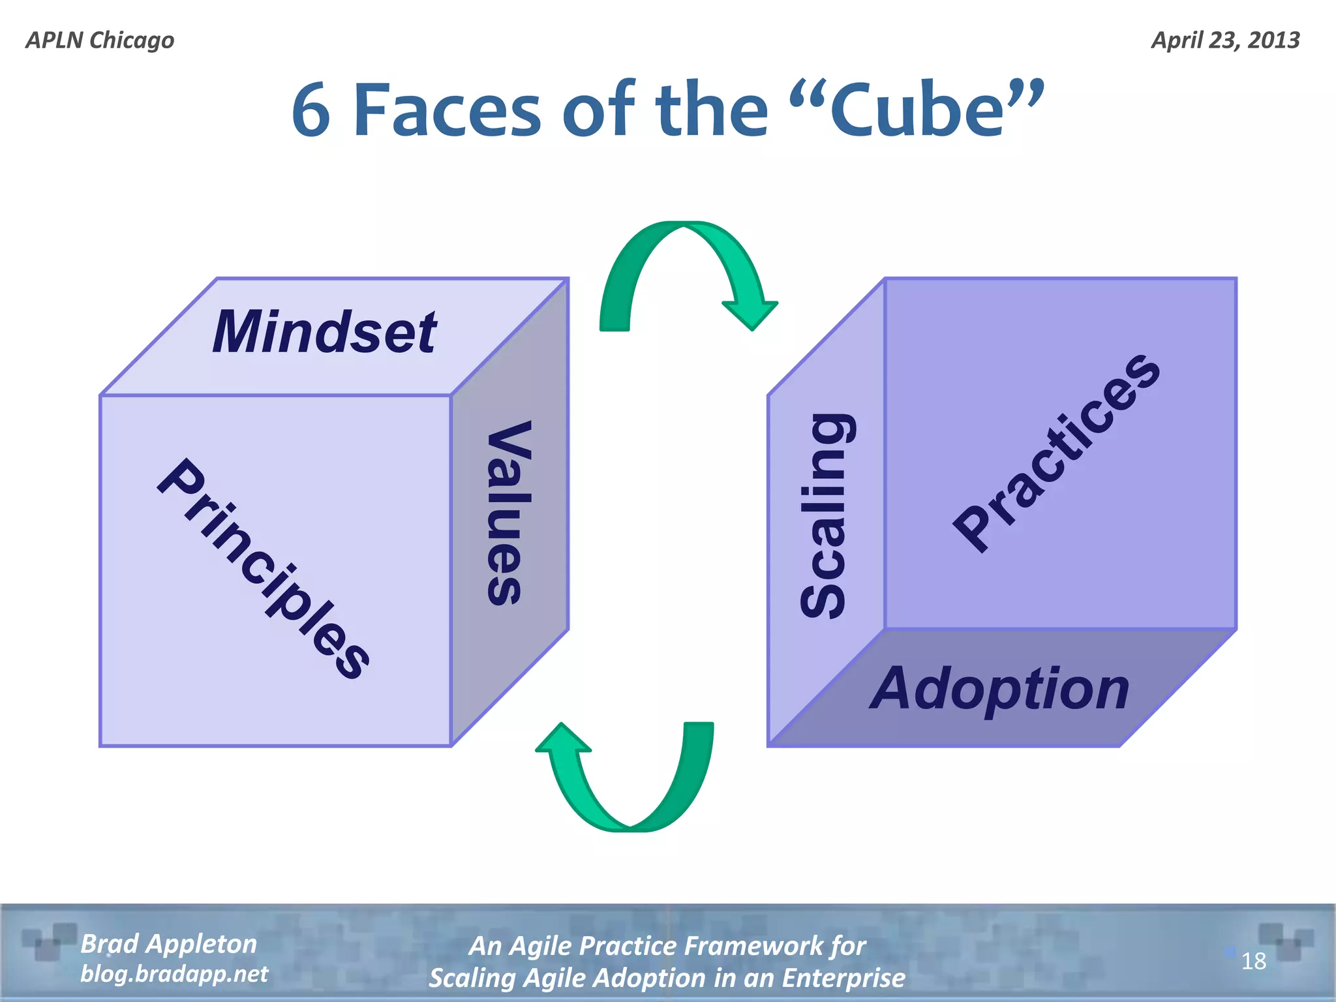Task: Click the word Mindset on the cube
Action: click(324, 332)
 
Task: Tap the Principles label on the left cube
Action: click(264, 568)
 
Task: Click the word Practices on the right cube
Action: click(1056, 453)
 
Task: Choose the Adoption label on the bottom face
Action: click(999, 689)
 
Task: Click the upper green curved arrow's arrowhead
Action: click(750, 313)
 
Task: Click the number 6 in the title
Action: click(311, 111)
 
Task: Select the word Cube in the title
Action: click(917, 111)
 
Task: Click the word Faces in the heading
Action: click(447, 111)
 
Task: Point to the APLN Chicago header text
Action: click(100, 40)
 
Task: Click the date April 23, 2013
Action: click(1225, 40)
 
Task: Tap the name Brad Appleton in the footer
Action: click(168, 944)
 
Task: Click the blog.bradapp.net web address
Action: click(174, 974)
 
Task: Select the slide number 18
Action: click(1253, 962)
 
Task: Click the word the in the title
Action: click(712, 111)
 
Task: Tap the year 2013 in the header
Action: click(1273, 40)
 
